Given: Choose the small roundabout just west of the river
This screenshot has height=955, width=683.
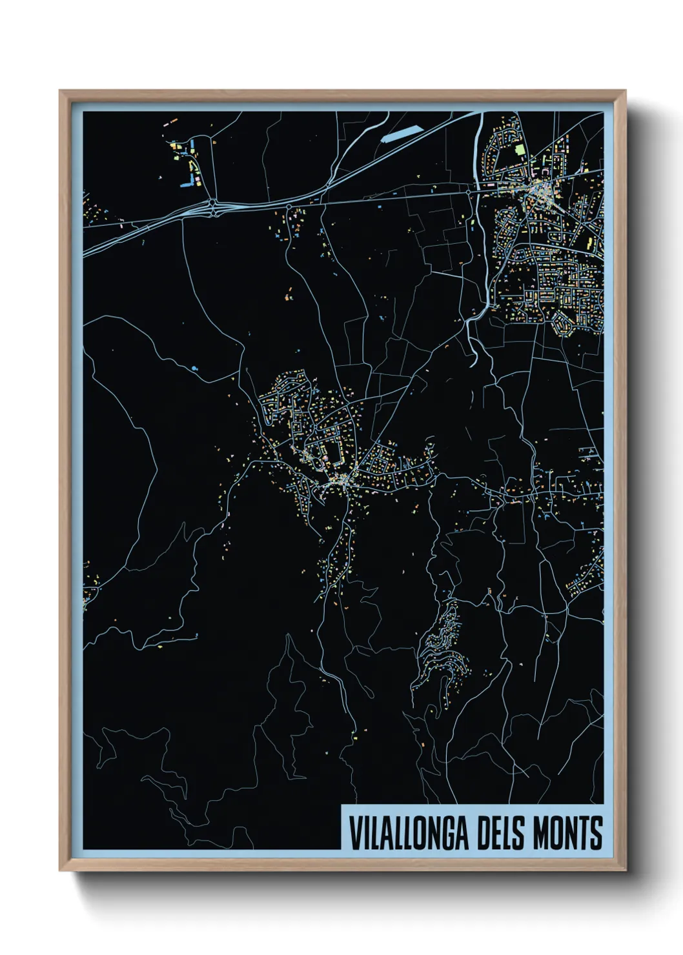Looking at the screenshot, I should coord(469,192).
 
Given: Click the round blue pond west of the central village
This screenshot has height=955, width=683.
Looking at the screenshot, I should coord(194,368).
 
